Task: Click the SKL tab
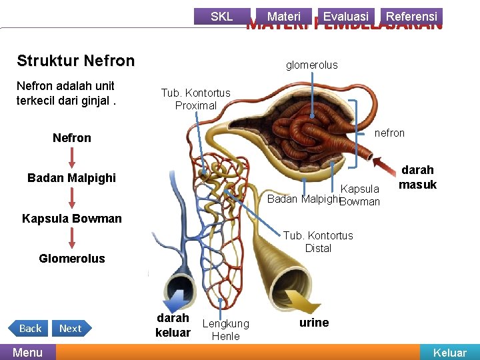coord(221,16)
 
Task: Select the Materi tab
coord(283,16)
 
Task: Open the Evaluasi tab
coord(345,16)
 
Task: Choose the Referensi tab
coord(411,16)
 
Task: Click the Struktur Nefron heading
coord(75,61)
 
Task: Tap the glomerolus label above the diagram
coord(311,65)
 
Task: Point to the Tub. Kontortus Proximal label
coord(195,99)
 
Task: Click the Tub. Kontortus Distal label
coord(318,241)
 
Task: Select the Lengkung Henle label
coord(225,329)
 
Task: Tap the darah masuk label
coord(417,177)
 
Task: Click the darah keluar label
coord(173,325)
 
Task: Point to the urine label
coord(313,323)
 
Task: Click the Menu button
coord(27,352)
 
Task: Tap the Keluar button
coord(450,353)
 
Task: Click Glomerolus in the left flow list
coord(72,259)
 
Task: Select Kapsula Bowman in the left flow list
coord(72,219)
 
